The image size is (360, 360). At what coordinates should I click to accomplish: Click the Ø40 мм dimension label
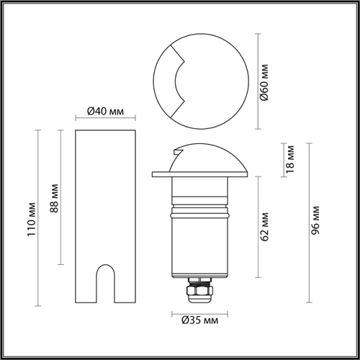(x=106, y=111)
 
